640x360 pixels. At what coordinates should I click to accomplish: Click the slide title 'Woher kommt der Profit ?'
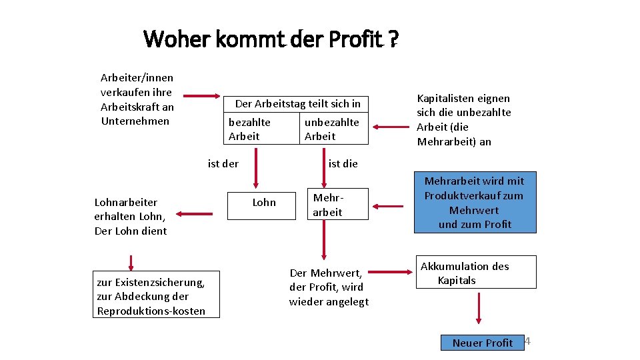coord(271,40)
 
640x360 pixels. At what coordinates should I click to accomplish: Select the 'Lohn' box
coord(264,203)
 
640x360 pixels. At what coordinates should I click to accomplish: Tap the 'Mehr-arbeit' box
coord(327,205)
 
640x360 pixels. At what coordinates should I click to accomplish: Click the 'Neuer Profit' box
coord(482,343)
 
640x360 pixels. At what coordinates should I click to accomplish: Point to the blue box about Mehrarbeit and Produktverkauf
coord(474,203)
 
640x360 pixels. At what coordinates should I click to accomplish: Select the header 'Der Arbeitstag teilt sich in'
coord(297,103)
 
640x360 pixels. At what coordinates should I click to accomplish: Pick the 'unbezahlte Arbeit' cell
coord(332,129)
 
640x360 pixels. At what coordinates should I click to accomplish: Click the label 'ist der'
coord(223,163)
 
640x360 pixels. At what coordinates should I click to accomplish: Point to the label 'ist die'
coord(343,163)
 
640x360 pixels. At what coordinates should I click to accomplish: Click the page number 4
coord(527,341)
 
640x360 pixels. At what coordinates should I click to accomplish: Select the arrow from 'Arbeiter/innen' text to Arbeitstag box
coord(204,97)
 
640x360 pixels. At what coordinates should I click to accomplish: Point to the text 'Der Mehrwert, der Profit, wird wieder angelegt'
coord(329,287)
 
